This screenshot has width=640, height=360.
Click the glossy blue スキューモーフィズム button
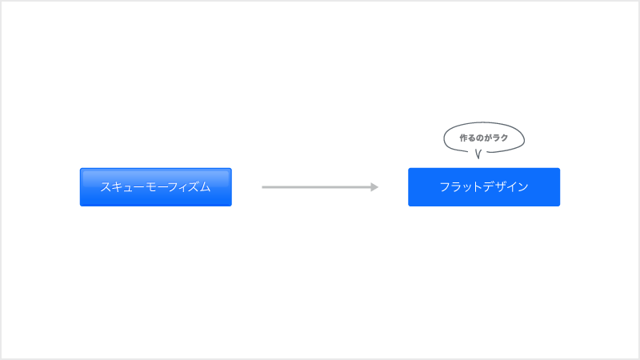(x=155, y=187)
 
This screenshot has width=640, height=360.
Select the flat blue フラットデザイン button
(x=484, y=187)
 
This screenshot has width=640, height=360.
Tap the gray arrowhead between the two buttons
(x=374, y=187)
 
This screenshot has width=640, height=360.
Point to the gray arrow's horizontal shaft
(x=316, y=187)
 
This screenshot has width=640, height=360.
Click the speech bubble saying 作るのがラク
(x=484, y=137)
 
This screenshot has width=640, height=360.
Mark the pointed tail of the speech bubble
(x=478, y=158)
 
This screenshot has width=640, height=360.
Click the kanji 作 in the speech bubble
(x=464, y=138)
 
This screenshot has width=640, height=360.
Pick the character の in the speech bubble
(x=480, y=138)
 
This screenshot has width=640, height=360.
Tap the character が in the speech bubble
(x=488, y=138)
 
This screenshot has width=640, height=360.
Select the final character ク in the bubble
(x=504, y=138)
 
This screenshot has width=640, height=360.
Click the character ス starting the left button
(x=106, y=187)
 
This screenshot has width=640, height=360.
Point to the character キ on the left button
(x=117, y=187)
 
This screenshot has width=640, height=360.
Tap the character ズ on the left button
(x=194, y=187)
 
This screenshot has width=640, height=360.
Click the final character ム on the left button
(x=206, y=187)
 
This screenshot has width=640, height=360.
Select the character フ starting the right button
(x=445, y=187)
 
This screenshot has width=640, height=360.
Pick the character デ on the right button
(x=490, y=187)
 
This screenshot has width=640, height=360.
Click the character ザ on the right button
(x=502, y=187)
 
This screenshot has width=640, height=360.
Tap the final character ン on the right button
(x=523, y=187)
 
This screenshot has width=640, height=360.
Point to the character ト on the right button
(x=478, y=187)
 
